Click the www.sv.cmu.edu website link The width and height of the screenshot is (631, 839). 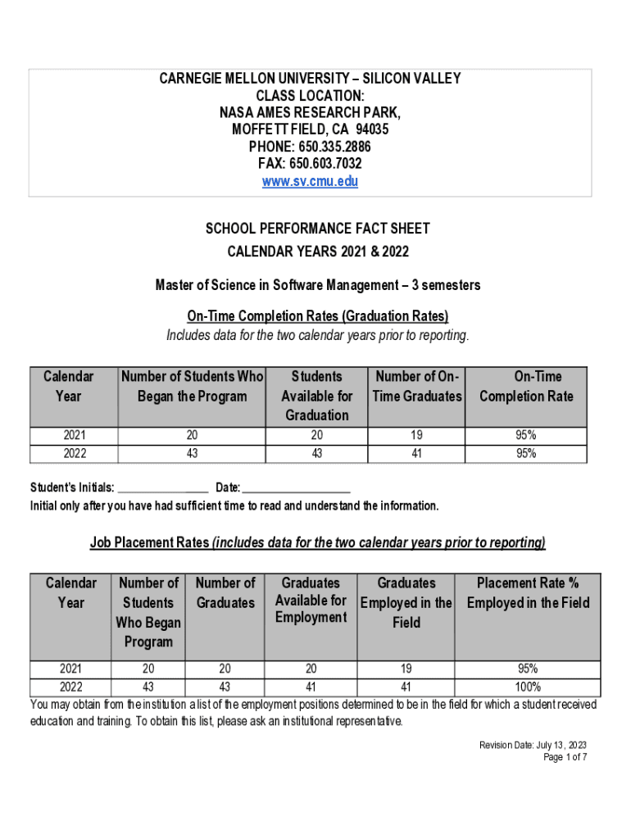pyautogui.click(x=310, y=182)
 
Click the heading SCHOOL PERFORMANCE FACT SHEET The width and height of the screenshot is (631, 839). pyautogui.click(x=317, y=229)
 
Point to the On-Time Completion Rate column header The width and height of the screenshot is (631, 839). pyautogui.click(x=526, y=387)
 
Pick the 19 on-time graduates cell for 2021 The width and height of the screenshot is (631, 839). pyautogui.click(x=415, y=436)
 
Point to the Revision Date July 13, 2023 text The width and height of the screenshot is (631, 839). pyautogui.click(x=533, y=745)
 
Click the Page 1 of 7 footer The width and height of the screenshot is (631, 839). pyautogui.click(x=565, y=757)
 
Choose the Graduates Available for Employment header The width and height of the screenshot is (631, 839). pyautogui.click(x=311, y=601)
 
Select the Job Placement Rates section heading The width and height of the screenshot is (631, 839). pyautogui.click(x=317, y=542)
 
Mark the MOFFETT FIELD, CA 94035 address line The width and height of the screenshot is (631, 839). pyautogui.click(x=310, y=129)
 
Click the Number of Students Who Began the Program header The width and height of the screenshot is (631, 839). pyautogui.click(x=192, y=387)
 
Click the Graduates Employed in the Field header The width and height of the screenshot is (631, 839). pyautogui.click(x=406, y=603)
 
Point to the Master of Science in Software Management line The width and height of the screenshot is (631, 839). pyautogui.click(x=317, y=285)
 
